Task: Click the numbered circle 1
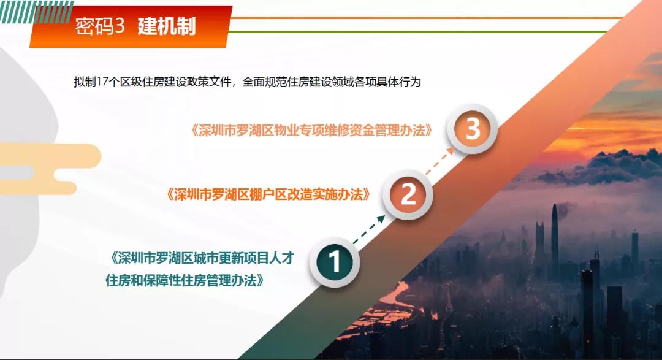335,262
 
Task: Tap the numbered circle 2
408,195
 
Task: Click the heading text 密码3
99,26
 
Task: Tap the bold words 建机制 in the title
166,26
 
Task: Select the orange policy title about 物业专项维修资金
312,131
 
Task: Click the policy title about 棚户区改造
268,195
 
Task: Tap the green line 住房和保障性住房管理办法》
186,280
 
